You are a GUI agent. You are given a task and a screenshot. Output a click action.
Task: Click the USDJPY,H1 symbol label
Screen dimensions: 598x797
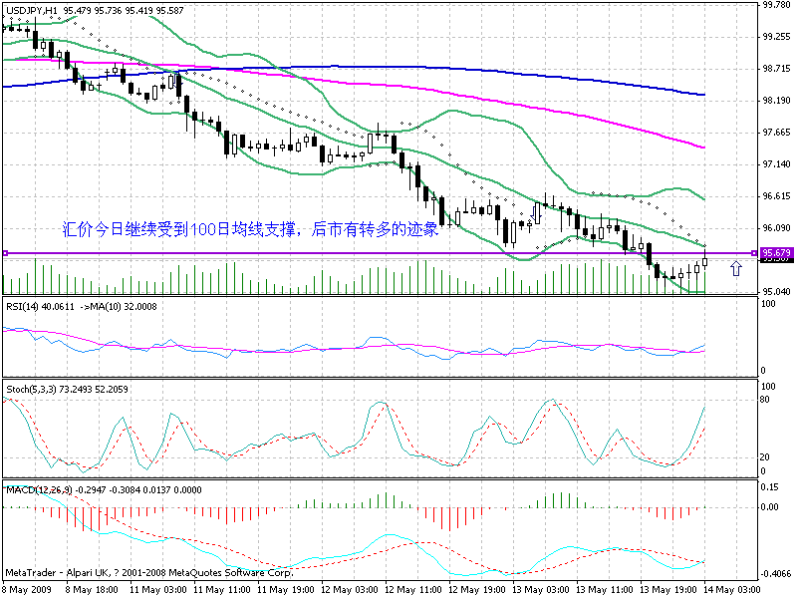tap(31, 8)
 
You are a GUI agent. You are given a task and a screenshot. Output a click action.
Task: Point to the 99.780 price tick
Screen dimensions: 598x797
tap(776, 5)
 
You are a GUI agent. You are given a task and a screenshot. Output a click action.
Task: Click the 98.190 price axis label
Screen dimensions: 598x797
tap(776, 101)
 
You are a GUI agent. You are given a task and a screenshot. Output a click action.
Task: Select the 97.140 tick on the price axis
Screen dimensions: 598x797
tap(776, 164)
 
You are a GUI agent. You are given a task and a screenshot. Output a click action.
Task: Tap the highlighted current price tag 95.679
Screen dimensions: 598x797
tap(776, 253)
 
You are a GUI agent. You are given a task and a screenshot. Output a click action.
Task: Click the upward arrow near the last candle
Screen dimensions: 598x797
tap(735, 267)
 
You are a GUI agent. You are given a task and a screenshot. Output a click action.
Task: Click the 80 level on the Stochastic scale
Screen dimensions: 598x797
tap(767, 399)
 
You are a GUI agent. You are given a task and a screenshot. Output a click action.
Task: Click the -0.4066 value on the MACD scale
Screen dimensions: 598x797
tap(776, 575)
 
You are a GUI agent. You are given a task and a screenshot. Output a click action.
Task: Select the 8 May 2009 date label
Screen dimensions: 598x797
tap(27, 590)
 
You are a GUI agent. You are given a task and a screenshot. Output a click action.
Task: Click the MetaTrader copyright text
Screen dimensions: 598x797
tap(149, 575)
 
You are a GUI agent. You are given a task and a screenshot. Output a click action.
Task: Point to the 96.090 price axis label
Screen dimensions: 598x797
tap(776, 228)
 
